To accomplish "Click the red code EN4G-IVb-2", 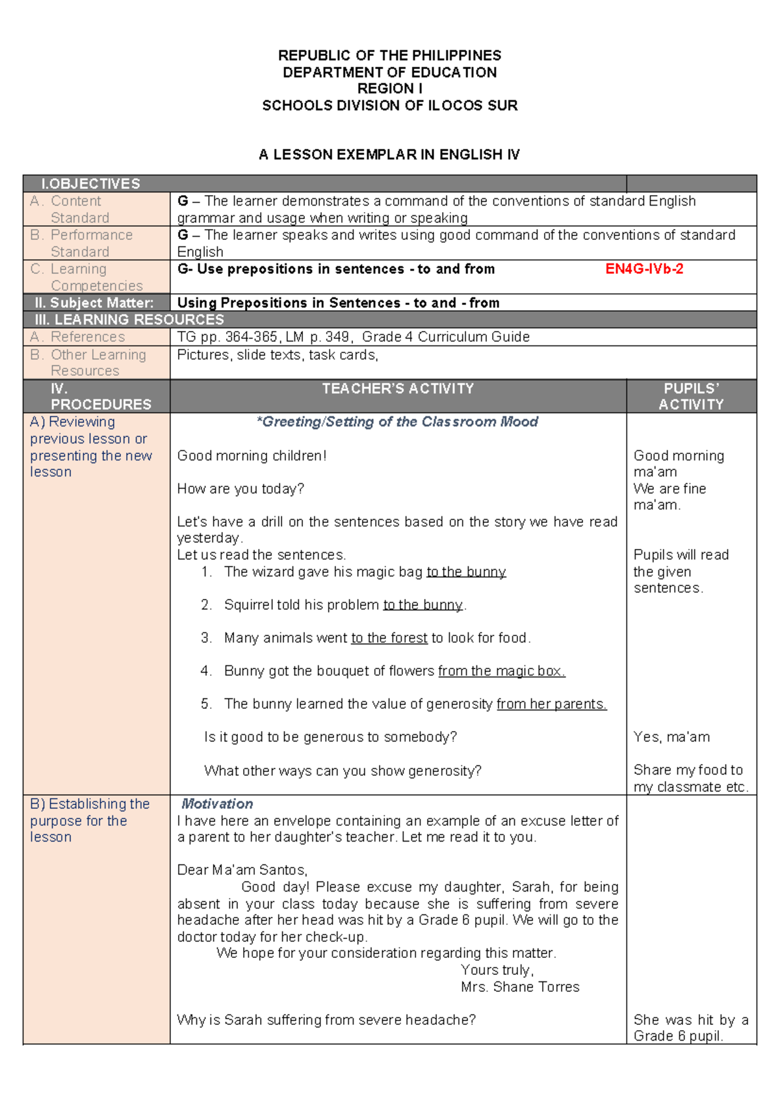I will pos(643,269).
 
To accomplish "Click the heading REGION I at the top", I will pos(390,88).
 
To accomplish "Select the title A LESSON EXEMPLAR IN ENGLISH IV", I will pos(389,155).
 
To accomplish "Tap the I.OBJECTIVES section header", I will pos(90,184).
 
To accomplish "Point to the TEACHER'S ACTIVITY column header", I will pos(398,389).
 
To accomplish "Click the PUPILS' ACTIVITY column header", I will pos(691,396).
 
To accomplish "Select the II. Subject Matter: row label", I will pos(94,303).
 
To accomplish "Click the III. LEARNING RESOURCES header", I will pos(129,320).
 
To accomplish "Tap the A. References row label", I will pos(77,337).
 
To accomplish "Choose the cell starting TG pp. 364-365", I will pos(353,337).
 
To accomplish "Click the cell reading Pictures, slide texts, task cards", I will pos(278,355).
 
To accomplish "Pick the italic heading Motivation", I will pos(217,804).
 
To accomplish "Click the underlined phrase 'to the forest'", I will pos(389,638).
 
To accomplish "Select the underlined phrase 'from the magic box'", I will pos(501,671).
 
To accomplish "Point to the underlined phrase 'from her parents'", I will pos(551,704).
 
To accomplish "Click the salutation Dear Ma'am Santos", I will pos(242,870).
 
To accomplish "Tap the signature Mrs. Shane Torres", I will pos(520,987).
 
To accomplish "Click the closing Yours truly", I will pos(497,970).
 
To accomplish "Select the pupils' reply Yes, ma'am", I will pos(671,738).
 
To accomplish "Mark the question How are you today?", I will pos(240,489).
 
